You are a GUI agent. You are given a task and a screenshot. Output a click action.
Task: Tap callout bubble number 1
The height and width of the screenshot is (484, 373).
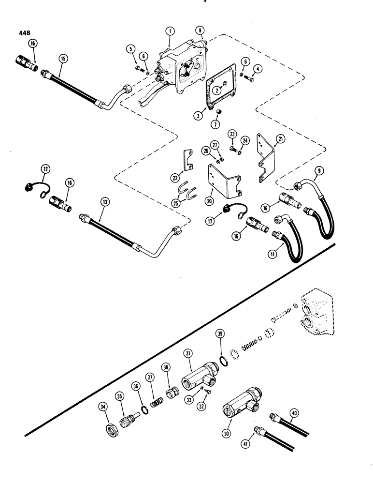pos(169,31)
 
